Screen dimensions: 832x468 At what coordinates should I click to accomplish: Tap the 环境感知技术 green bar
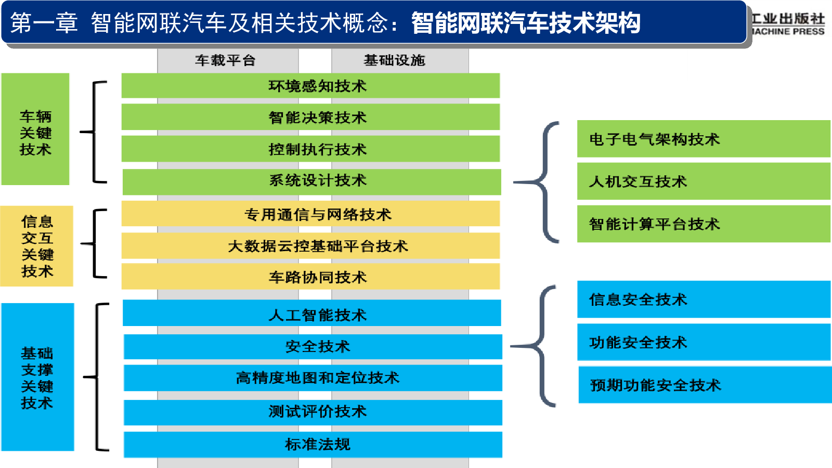click(310, 86)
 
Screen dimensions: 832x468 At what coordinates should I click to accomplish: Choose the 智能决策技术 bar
click(310, 117)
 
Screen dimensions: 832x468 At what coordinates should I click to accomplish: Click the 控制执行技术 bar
click(310, 149)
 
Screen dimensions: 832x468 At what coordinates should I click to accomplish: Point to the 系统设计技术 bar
click(311, 182)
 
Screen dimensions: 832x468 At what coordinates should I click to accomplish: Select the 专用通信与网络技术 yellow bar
click(310, 214)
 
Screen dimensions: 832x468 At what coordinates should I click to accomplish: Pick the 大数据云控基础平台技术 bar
click(310, 245)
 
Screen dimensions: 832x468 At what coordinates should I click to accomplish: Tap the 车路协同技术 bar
click(310, 276)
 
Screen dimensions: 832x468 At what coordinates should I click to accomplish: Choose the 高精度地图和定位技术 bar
click(313, 378)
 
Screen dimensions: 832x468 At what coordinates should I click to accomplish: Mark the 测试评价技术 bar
click(313, 412)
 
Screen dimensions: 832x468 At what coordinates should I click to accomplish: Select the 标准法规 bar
click(313, 445)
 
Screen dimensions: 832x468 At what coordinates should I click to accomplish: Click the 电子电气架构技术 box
click(704, 139)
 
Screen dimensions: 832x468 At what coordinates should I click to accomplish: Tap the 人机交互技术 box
click(704, 181)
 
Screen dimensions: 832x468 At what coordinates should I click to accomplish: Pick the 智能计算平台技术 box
click(704, 224)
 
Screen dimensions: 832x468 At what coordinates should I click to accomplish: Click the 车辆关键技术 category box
click(35, 129)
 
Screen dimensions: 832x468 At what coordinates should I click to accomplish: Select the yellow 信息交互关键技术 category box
click(37, 246)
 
